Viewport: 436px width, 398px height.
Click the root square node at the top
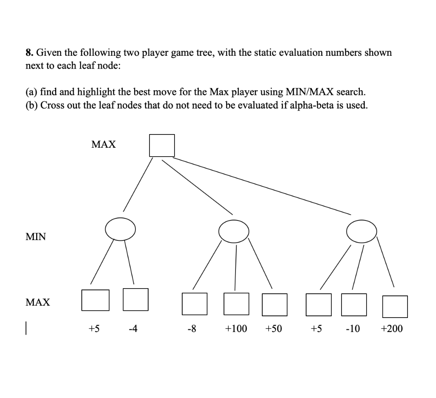pyautogui.click(x=162, y=146)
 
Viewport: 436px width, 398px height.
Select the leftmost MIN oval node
pyautogui.click(x=120, y=229)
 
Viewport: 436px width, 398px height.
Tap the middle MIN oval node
pyautogui.click(x=234, y=231)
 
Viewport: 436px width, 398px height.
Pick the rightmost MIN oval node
pyautogui.click(x=361, y=232)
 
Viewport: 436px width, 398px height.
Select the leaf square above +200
pyautogui.click(x=395, y=306)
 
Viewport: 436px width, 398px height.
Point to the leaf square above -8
pyautogui.click(x=195, y=304)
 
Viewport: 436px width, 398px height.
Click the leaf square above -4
pyautogui.click(x=135, y=299)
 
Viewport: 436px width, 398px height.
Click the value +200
pyautogui.click(x=392, y=329)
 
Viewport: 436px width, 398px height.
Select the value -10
pyautogui.click(x=353, y=329)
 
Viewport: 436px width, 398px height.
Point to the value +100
pyautogui.click(x=236, y=329)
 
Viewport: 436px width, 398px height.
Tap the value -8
pyautogui.click(x=192, y=329)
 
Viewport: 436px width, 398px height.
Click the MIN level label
pyautogui.click(x=36, y=237)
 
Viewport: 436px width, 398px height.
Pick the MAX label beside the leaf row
pyautogui.click(x=38, y=303)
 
